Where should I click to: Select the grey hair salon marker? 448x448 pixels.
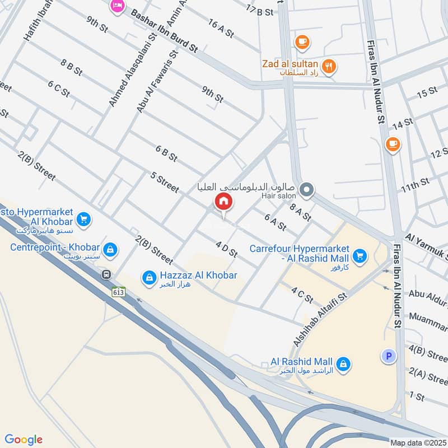[306, 190]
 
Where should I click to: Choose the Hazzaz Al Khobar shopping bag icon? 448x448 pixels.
[149, 277]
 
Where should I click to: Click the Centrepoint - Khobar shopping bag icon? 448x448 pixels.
[110, 249]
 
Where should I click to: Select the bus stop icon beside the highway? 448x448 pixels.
[106, 275]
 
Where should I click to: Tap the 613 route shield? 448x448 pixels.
[118, 292]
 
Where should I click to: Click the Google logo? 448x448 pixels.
[24, 440]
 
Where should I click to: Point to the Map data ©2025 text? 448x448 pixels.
[418, 442]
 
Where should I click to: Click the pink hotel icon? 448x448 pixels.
[117, 6]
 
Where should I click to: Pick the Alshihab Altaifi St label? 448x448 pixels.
[320, 315]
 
